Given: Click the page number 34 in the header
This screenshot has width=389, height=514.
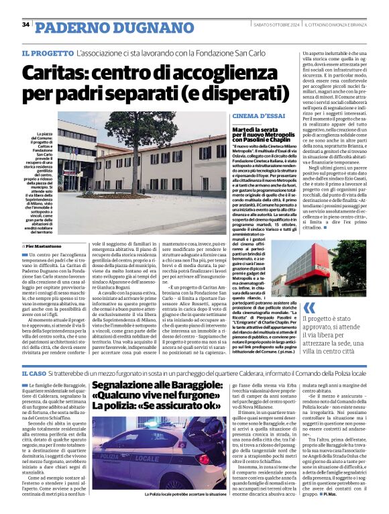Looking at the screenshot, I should point(25,25).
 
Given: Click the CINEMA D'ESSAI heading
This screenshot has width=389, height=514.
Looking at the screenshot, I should point(250,116).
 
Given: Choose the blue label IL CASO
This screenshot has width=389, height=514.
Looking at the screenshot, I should point(34,372).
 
